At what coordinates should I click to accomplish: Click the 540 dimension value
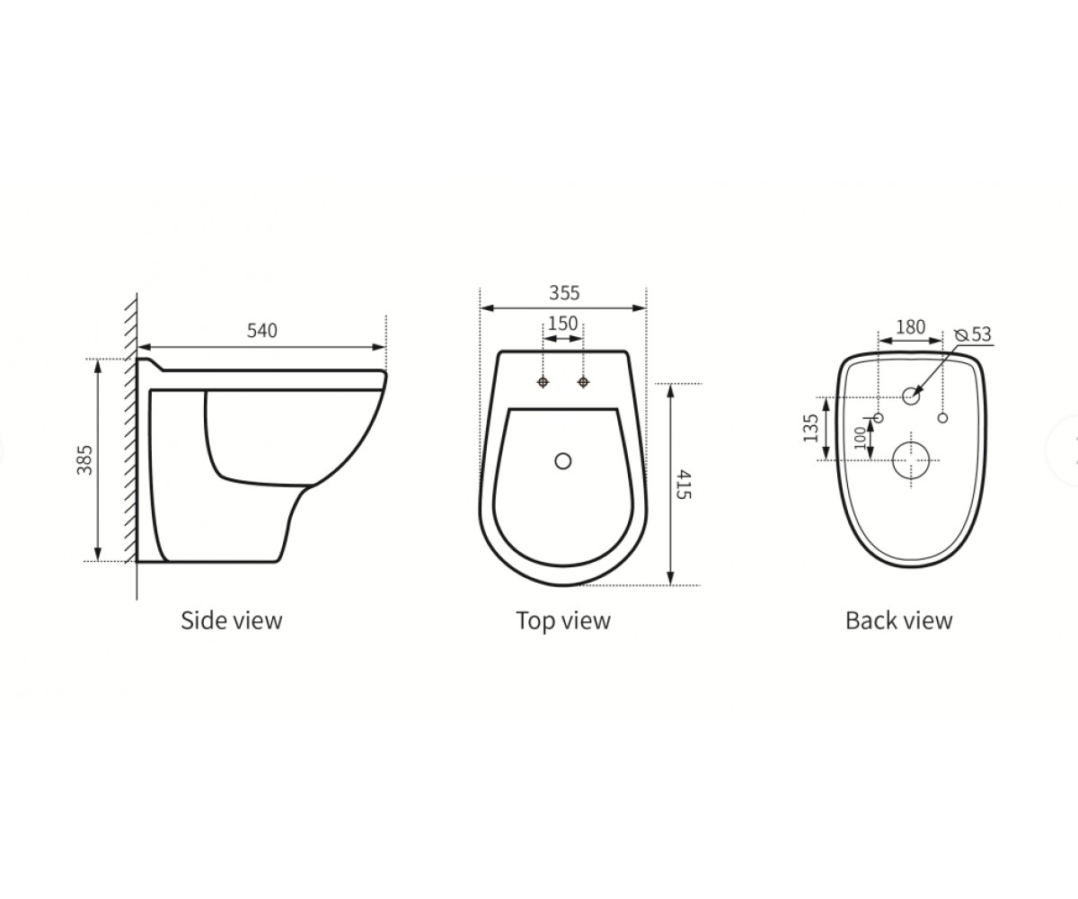(x=261, y=331)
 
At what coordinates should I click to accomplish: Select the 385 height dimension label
(x=84, y=459)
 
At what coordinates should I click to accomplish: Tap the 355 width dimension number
(x=564, y=293)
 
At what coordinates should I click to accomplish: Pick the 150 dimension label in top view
(x=562, y=324)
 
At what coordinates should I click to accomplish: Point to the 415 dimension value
(x=683, y=485)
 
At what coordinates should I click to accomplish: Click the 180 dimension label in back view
(x=911, y=327)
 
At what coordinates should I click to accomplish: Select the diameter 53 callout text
(x=974, y=334)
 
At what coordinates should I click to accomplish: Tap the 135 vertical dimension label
(x=811, y=428)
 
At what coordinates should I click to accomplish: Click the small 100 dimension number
(x=859, y=438)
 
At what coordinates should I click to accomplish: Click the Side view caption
(x=231, y=620)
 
